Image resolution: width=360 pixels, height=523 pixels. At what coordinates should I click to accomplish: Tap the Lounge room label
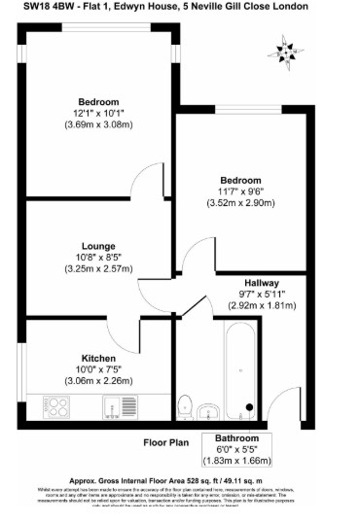click(x=99, y=246)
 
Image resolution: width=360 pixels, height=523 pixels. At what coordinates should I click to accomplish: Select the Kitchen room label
click(x=99, y=357)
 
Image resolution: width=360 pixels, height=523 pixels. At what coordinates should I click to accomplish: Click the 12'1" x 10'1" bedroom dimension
click(x=99, y=113)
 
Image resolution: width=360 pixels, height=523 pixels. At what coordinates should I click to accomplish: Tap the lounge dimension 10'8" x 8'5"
click(x=99, y=257)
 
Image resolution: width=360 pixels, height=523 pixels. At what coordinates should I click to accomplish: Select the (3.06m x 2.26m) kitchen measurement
click(x=99, y=379)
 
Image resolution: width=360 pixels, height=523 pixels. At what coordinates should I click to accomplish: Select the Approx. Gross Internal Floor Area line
click(x=180, y=480)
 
